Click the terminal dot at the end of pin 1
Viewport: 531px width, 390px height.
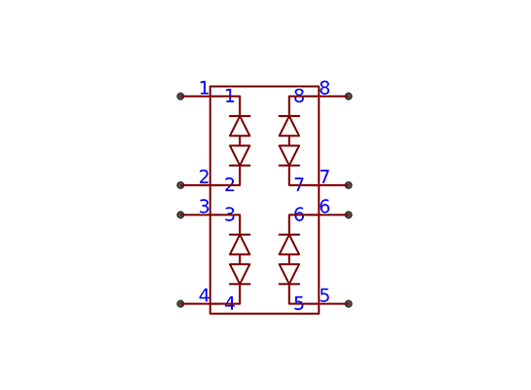pyautogui.click(x=180, y=97)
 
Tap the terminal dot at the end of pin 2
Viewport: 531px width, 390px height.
pyautogui.click(x=180, y=185)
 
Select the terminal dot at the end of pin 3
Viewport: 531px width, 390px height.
pyautogui.click(x=180, y=214)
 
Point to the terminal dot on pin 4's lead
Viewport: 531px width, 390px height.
pyautogui.click(x=180, y=303)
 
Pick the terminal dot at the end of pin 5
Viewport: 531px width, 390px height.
pyautogui.click(x=349, y=303)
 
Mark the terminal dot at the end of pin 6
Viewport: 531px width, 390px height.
pyautogui.click(x=349, y=214)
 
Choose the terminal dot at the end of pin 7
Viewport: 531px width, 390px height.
pyautogui.click(x=349, y=185)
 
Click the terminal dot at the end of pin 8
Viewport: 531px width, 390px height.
pyautogui.click(x=349, y=97)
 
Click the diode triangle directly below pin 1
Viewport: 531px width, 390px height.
pyautogui.click(x=240, y=126)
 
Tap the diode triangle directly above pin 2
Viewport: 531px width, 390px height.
pyautogui.click(x=240, y=156)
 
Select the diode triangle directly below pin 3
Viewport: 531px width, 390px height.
pyautogui.click(x=240, y=245)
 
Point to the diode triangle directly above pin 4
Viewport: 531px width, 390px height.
pyautogui.click(x=240, y=274)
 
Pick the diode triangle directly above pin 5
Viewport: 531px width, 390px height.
pyautogui.click(x=289, y=274)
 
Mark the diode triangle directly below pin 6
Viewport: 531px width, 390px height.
pyautogui.click(x=289, y=245)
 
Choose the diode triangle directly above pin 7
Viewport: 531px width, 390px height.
pyautogui.click(x=289, y=156)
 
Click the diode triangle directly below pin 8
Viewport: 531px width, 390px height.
pyautogui.click(x=289, y=126)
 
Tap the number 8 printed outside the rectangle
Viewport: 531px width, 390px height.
pyautogui.click(x=324, y=88)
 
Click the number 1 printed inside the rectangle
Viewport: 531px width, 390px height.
pyautogui.click(x=230, y=96)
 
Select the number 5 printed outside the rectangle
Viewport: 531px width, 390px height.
pyautogui.click(x=324, y=295)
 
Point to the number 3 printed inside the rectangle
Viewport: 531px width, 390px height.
pyautogui.click(x=230, y=214)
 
